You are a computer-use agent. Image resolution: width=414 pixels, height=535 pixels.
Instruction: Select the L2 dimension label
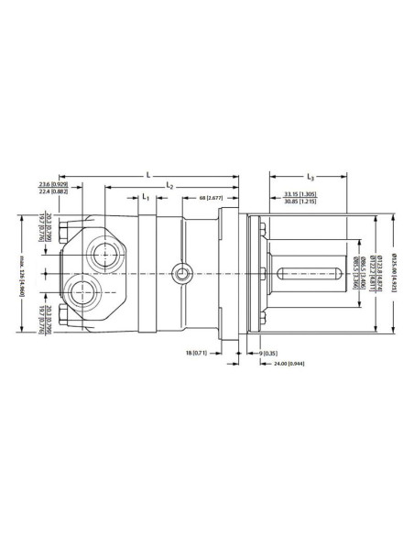(x=170, y=187)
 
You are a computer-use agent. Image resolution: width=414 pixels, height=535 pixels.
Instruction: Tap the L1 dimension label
(x=145, y=198)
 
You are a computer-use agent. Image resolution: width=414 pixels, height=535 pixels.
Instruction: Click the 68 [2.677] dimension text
(x=212, y=198)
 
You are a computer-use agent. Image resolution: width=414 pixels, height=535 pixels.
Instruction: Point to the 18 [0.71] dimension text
(x=202, y=351)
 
